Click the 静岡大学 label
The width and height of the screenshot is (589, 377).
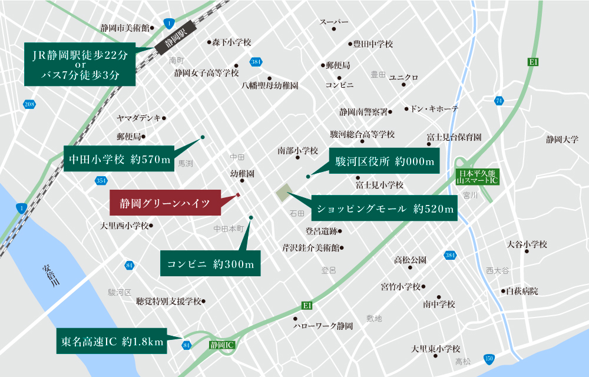[562, 140]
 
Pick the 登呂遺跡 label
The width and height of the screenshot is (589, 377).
[321, 231]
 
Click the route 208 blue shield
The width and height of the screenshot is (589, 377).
[29, 104]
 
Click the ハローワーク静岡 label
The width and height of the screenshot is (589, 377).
[323, 326]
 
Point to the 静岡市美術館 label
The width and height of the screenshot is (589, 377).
[124, 28]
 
